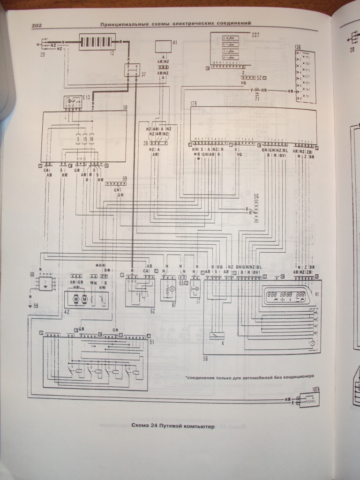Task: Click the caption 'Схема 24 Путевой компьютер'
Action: (x=172, y=426)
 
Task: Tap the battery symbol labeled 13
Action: (x=97, y=42)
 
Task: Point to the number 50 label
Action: (x=125, y=108)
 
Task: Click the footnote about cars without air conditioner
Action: (x=248, y=376)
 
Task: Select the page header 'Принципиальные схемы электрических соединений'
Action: (x=176, y=23)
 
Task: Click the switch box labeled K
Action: (x=217, y=336)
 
